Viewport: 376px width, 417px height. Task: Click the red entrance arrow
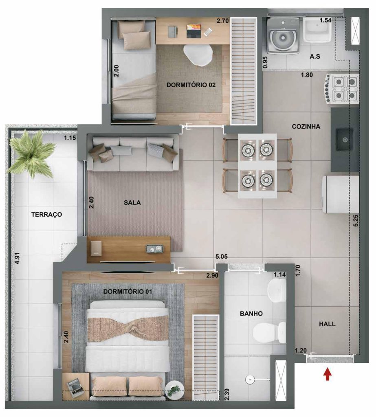pyautogui.click(x=327, y=374)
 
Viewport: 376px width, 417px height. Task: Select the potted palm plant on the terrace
pyautogui.click(x=32, y=154)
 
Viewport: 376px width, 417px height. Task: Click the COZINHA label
pyautogui.click(x=306, y=127)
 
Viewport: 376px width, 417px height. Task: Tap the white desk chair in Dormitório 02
pyautogui.click(x=198, y=54)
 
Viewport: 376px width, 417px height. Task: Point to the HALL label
pyautogui.click(x=327, y=324)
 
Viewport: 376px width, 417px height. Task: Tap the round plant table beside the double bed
pyautogui.click(x=174, y=389)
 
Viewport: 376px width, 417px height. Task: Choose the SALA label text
pyautogui.click(x=132, y=202)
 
